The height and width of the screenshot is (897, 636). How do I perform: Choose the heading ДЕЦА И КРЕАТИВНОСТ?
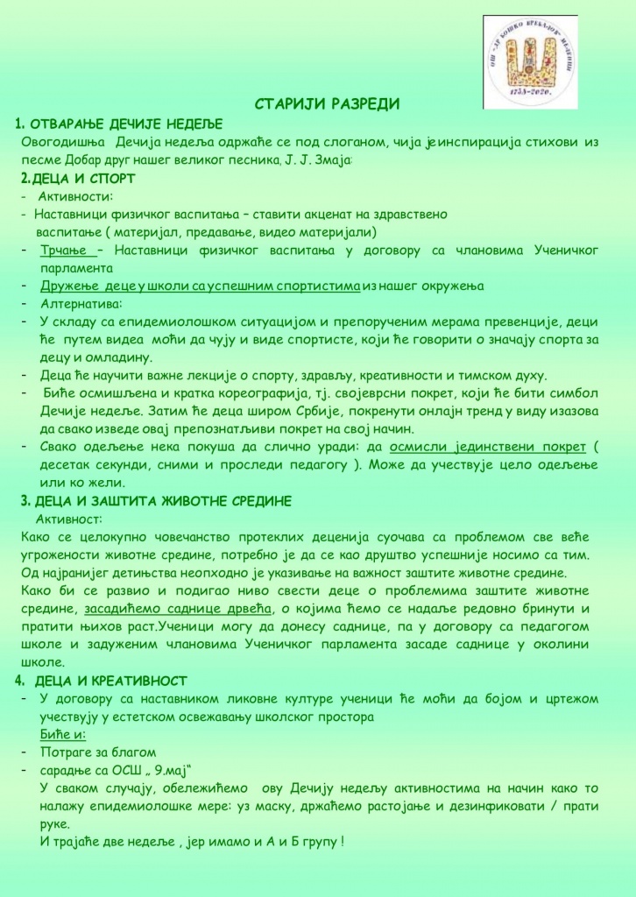(116, 681)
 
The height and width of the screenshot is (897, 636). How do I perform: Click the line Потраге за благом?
(97, 752)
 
